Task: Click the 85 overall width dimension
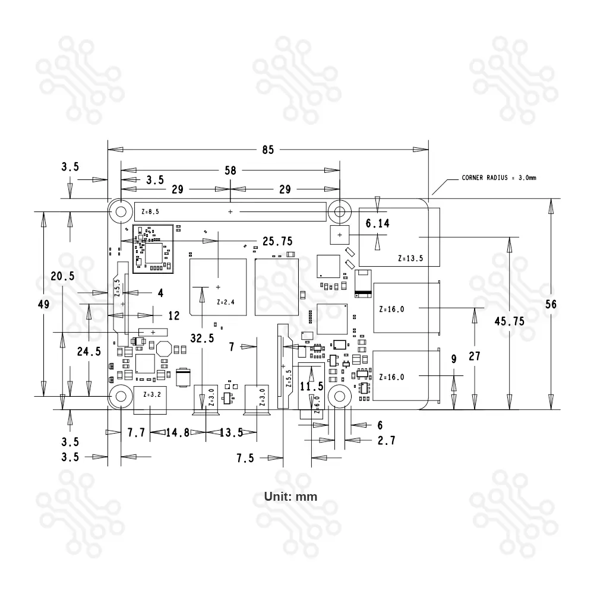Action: pyautogui.click(x=268, y=150)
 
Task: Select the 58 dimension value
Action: pyautogui.click(x=230, y=170)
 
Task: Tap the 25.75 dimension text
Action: pyautogui.click(x=277, y=241)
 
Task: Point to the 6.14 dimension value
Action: pyautogui.click(x=378, y=224)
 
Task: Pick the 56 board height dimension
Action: pyautogui.click(x=551, y=304)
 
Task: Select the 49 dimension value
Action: pyautogui.click(x=43, y=304)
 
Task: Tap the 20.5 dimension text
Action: pyautogui.click(x=62, y=276)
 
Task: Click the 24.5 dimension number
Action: pyautogui.click(x=89, y=351)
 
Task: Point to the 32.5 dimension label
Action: pyautogui.click(x=203, y=338)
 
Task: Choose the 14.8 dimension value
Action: pyautogui.click(x=178, y=432)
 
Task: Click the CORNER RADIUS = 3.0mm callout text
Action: pyautogui.click(x=499, y=178)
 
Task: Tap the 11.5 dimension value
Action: pyautogui.click(x=311, y=386)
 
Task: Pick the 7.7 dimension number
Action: pyautogui.click(x=136, y=432)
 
